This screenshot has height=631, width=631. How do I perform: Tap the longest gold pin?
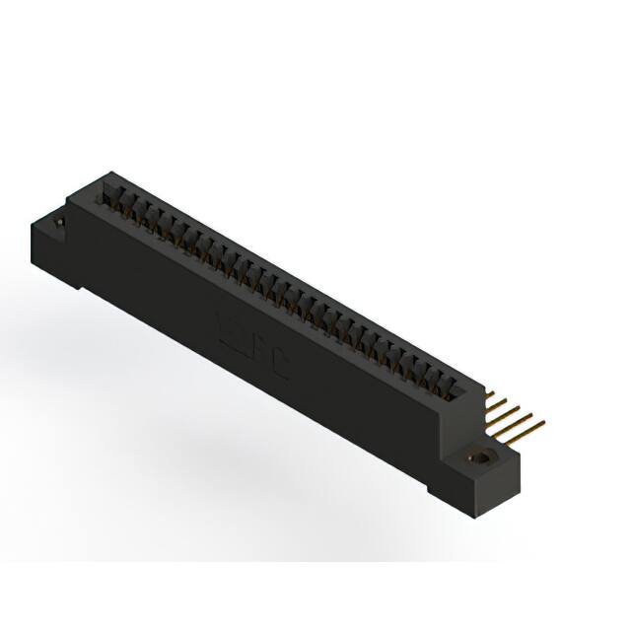(527, 427)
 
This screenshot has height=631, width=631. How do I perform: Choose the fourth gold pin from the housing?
(516, 417)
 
